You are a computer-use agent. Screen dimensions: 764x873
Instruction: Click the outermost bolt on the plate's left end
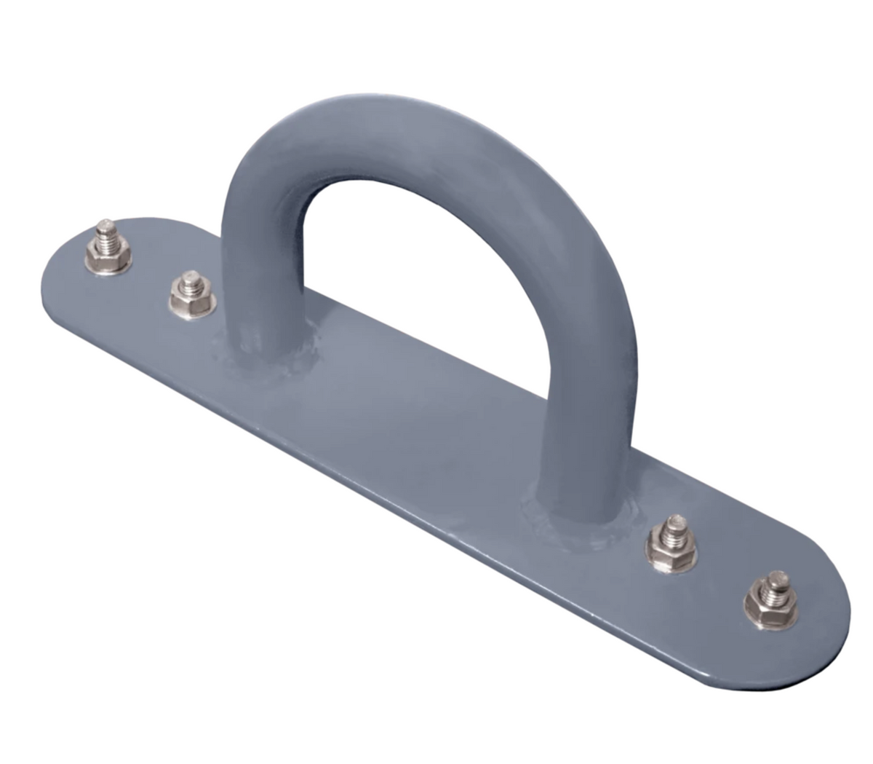(108, 248)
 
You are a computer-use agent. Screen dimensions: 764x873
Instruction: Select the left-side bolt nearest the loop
(192, 293)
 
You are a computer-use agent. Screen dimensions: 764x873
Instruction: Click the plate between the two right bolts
(720, 575)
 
